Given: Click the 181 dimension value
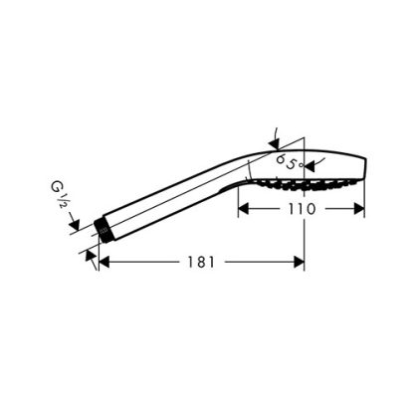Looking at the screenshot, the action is point(201,262).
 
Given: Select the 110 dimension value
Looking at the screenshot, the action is point(302,209).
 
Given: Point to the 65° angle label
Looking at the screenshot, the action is point(290,162).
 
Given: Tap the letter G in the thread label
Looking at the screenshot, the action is point(56,186).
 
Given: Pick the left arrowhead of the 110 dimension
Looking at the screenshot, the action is point(244,209).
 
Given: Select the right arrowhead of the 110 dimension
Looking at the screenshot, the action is point(359,209).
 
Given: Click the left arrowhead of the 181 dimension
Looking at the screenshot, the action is point(104,262).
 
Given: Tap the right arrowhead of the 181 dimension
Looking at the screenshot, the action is point(299,262).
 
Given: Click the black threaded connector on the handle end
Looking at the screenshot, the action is point(103,230).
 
